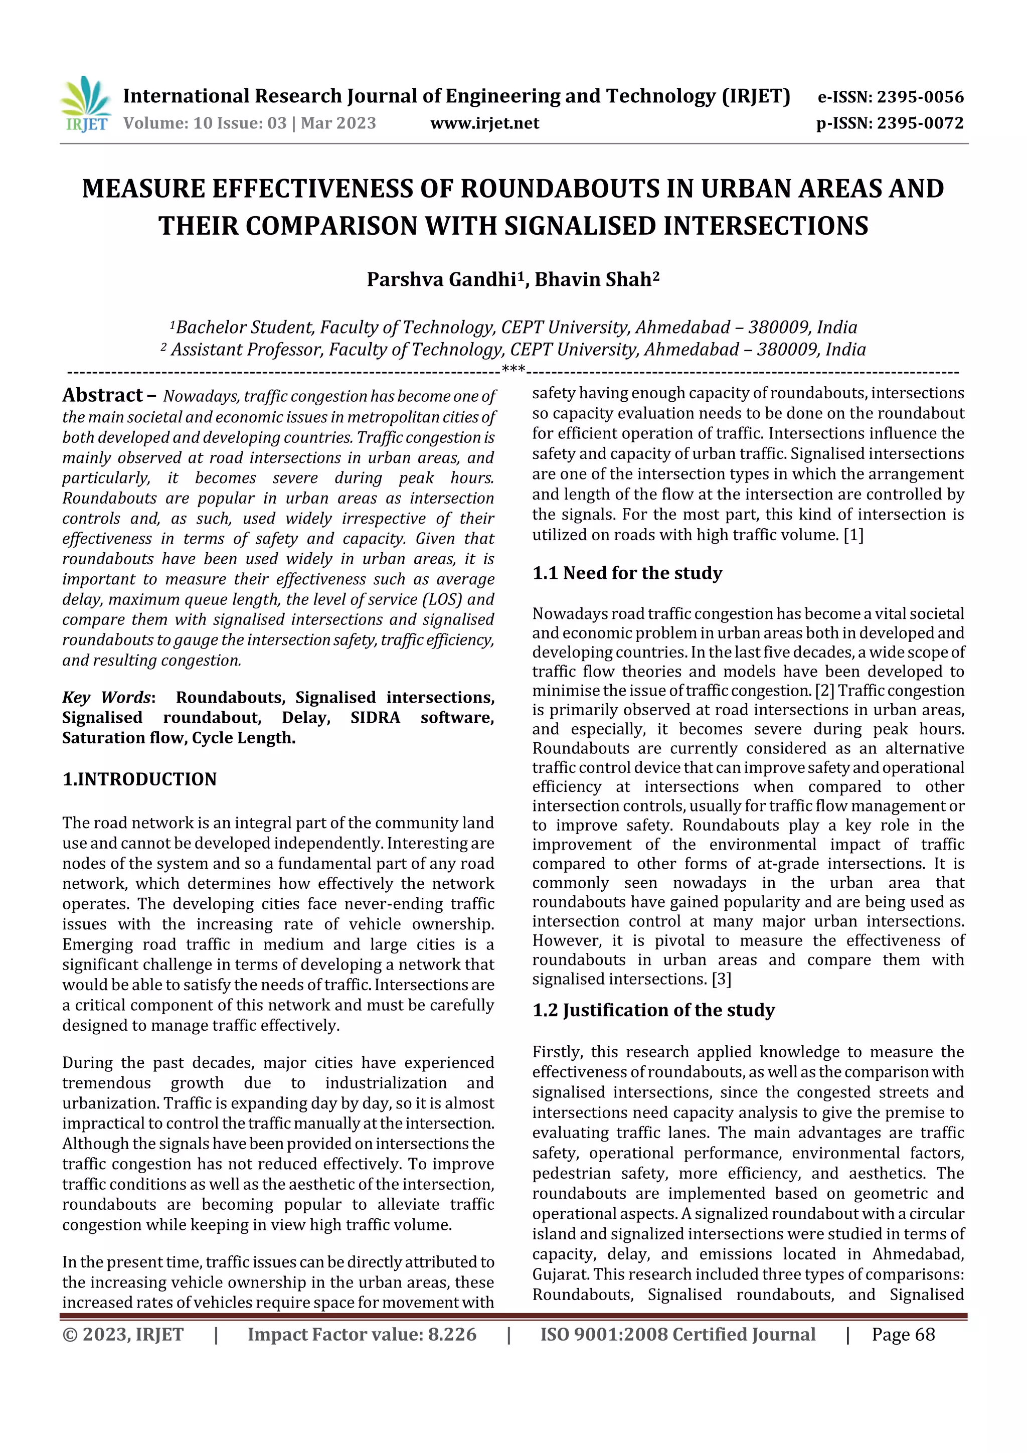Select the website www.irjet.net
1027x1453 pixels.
pyautogui.click(x=485, y=123)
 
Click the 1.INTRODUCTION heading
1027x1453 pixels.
pyautogui.click(x=139, y=779)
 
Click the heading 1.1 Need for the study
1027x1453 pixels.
pyautogui.click(x=627, y=573)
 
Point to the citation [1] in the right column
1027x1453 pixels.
pyautogui.click(x=853, y=535)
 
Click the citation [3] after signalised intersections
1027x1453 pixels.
pyautogui.click(x=722, y=980)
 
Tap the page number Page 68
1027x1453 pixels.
pyautogui.click(x=903, y=1335)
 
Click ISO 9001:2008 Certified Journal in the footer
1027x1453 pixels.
pyautogui.click(x=677, y=1335)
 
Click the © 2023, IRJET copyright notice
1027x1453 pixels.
pyautogui.click(x=123, y=1335)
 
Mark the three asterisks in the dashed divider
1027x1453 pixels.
pyautogui.click(x=513, y=369)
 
